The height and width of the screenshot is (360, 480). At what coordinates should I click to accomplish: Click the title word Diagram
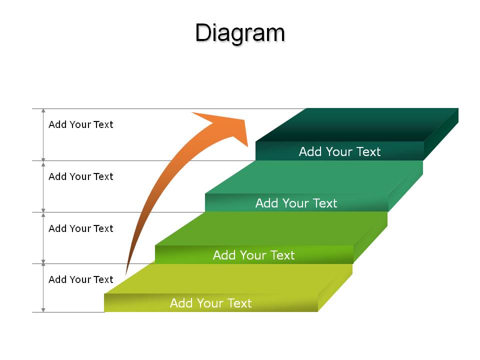point(240,33)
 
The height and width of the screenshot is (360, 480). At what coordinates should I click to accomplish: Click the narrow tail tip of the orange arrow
point(126,273)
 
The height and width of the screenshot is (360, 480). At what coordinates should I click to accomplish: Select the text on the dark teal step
point(339,151)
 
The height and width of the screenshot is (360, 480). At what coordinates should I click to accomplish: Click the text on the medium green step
point(296,203)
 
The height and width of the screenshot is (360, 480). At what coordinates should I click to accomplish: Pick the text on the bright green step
point(254,255)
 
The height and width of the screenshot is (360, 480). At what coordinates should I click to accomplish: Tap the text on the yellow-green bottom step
point(210,303)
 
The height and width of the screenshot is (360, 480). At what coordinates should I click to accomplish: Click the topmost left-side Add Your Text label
point(81,124)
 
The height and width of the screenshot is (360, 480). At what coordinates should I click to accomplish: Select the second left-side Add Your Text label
point(81,176)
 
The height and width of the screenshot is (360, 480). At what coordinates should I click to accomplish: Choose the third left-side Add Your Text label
point(81,228)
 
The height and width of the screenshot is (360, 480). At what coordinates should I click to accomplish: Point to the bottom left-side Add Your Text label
point(81,279)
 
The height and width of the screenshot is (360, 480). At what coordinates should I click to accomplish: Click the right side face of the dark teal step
point(441,134)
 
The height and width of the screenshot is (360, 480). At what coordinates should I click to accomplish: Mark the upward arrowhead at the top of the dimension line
point(43,111)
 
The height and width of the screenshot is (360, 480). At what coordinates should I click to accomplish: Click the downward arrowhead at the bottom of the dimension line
point(43,310)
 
